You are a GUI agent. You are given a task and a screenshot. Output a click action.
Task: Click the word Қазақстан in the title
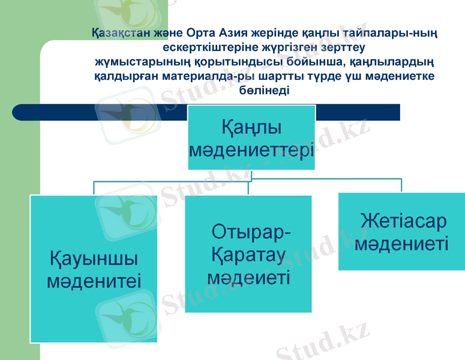click(118, 32)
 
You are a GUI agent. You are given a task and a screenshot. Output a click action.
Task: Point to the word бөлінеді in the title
click(264, 91)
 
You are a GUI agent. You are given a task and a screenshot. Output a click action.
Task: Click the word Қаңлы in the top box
click(251, 128)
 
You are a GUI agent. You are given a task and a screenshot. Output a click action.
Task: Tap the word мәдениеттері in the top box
click(251, 149)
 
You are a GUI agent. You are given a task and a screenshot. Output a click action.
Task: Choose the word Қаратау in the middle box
click(247, 255)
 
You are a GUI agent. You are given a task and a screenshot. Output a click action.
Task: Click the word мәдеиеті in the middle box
click(248, 277)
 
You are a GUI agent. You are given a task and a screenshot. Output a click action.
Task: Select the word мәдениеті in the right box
click(401, 244)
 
